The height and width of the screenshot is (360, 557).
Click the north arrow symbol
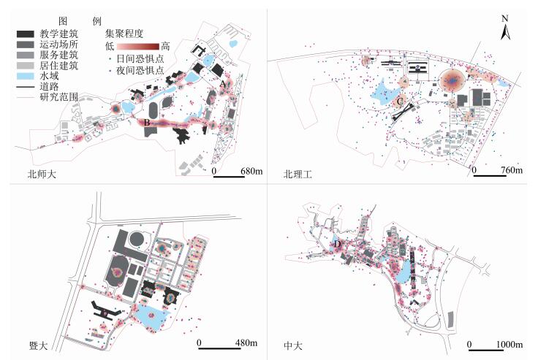[x=504, y=28]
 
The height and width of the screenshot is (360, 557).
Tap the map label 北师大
[x=41, y=174]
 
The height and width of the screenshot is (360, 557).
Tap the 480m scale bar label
[x=240, y=342]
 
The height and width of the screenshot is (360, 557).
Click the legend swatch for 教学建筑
[x=25, y=34]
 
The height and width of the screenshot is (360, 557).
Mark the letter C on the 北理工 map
[x=400, y=102]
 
